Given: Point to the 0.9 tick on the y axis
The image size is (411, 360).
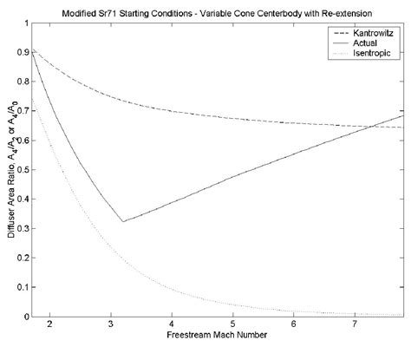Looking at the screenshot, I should (22, 52).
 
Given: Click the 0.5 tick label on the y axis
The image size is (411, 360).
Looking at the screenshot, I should (22, 169).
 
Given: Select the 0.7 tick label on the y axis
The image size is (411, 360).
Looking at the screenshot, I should (22, 111).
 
